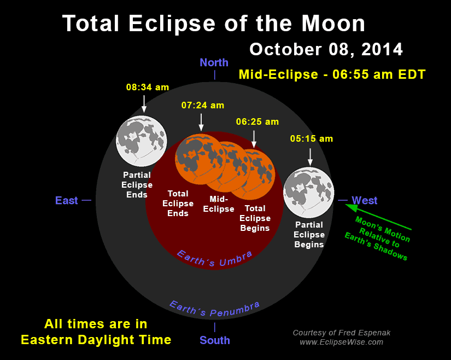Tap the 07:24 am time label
pos(202,106)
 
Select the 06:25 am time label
pos(257,121)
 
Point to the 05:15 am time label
pos(311,139)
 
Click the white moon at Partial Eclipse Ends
pos(142,142)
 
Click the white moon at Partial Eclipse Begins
pos(308,193)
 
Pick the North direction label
pos(214,62)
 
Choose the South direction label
pos(214,340)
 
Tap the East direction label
pos(67,200)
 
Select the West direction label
pos(364,200)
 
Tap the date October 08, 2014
pos(326,49)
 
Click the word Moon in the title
pos(332,24)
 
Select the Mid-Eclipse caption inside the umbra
pos(218,204)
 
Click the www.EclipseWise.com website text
pos(341,342)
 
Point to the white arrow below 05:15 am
pos(310,156)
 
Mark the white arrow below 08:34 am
pos(144,103)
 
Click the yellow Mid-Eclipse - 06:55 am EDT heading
pos(331,74)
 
